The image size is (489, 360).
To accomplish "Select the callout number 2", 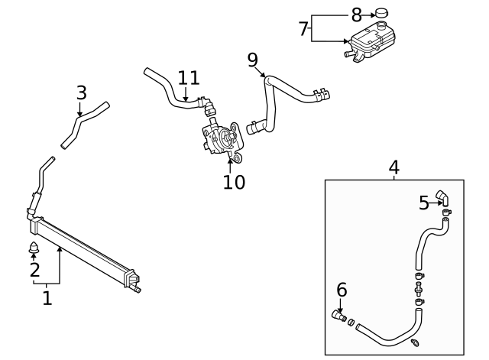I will (34, 270).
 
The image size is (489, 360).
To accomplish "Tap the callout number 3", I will (82, 93).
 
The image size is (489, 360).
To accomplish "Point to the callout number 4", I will (393, 167).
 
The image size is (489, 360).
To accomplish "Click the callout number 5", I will (424, 203).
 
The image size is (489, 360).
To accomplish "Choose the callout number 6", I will (342, 290).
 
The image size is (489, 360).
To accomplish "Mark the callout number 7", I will (303, 29).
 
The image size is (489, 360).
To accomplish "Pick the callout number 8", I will (356, 14).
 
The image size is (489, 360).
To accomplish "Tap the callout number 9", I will (252, 60).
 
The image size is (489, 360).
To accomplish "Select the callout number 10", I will (234, 182).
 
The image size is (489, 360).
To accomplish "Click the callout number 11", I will (188, 78).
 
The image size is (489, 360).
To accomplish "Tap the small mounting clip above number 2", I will (33, 248).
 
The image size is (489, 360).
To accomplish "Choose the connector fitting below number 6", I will (339, 315).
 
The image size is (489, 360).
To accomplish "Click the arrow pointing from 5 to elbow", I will (436, 204).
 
